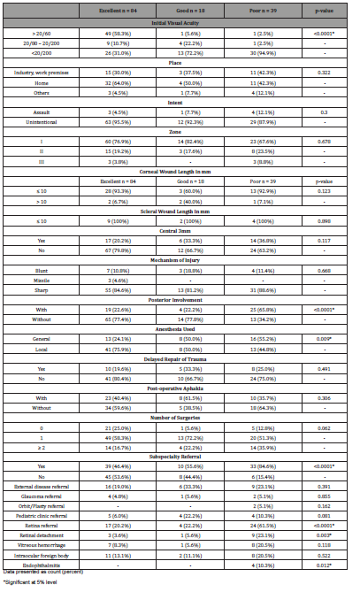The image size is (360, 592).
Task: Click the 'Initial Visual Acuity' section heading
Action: click(x=180, y=19)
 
